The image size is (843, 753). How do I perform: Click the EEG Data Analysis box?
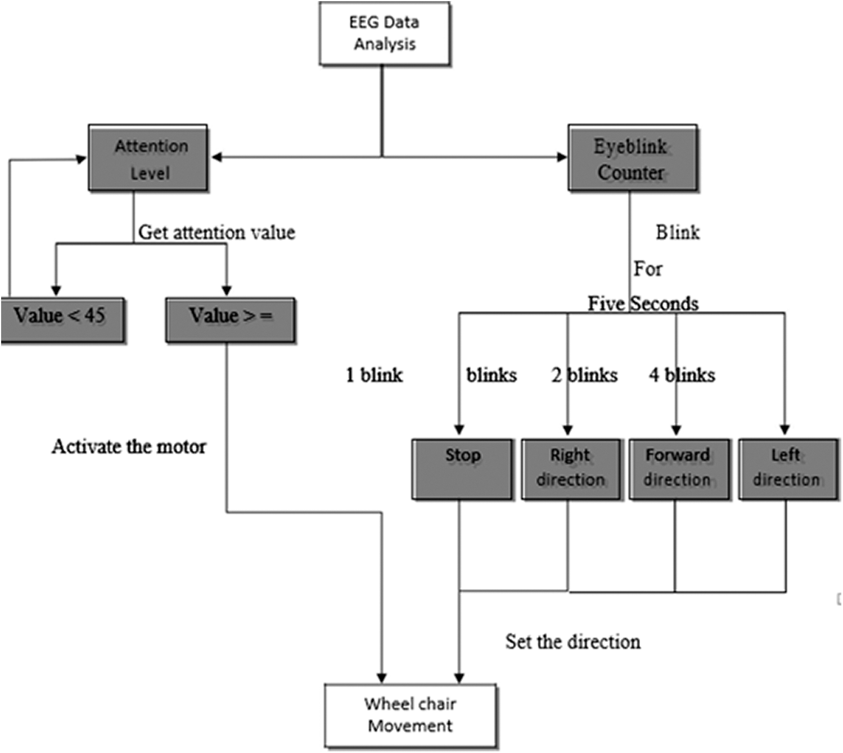tap(385, 34)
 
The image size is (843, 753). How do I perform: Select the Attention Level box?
tap(148, 159)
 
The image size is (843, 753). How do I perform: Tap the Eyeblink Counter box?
tap(633, 159)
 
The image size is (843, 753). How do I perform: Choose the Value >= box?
tap(230, 320)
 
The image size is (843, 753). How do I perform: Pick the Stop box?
tap(462, 469)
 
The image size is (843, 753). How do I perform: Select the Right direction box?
tap(571, 469)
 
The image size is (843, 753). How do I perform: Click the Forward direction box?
tap(678, 469)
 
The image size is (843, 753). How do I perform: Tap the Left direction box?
tap(787, 469)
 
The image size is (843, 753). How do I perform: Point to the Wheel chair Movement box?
tap(411, 715)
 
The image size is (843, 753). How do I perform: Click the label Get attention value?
tap(217, 232)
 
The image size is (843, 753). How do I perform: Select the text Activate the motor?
tap(129, 447)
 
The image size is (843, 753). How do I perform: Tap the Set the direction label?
tap(572, 642)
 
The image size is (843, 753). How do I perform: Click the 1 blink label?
tap(374, 375)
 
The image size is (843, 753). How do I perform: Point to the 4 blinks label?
tap(682, 375)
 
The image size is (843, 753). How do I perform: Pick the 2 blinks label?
tap(584, 375)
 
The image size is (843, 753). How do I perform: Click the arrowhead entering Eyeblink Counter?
tap(562, 157)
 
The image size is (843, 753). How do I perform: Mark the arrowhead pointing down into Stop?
tap(459, 430)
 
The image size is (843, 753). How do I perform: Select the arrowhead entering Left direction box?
tap(785, 430)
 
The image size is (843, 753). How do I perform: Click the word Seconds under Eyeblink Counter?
tap(665, 304)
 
